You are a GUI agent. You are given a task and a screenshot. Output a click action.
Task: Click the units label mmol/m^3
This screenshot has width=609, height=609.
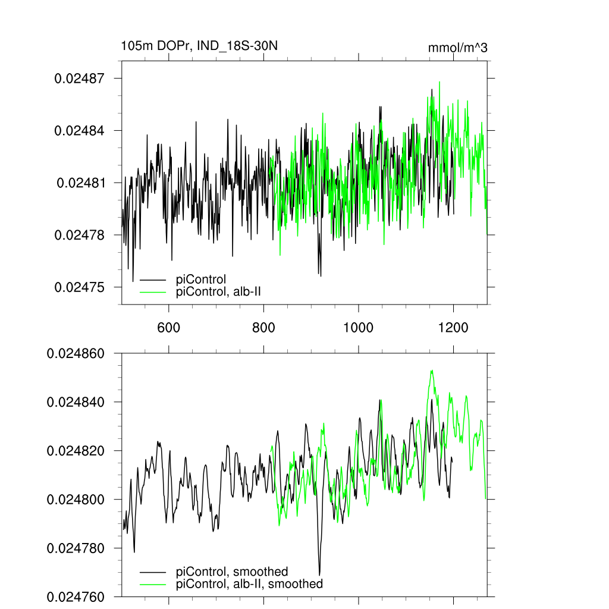[x=457, y=48]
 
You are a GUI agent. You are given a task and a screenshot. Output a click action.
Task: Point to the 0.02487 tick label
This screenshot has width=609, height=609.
[x=80, y=79]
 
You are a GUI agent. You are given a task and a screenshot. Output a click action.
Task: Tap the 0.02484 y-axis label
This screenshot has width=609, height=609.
[x=80, y=131]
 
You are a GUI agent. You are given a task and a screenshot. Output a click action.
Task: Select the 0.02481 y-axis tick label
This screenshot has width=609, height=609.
[x=81, y=183]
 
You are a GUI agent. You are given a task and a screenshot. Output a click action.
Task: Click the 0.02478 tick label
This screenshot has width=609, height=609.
[x=80, y=236]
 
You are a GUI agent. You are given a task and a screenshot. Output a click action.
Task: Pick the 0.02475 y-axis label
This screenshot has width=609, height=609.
[x=80, y=288]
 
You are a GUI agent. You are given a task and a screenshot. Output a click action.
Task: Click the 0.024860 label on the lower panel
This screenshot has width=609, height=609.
[x=76, y=354]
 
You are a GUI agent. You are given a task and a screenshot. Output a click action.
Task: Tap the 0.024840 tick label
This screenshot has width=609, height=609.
[x=76, y=403]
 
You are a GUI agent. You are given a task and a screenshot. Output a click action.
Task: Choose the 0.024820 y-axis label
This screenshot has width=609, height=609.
[x=76, y=451]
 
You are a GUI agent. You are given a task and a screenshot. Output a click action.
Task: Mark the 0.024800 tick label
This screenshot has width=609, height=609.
[x=76, y=500]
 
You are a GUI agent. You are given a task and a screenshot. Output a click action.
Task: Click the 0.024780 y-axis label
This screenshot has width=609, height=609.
[x=76, y=548]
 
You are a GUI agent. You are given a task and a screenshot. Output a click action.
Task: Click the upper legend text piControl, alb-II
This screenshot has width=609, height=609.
[x=219, y=291]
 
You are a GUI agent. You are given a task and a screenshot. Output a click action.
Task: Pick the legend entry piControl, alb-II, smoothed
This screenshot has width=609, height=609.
[x=250, y=584]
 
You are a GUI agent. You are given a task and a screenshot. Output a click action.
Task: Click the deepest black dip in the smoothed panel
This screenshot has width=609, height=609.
[x=320, y=575]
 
